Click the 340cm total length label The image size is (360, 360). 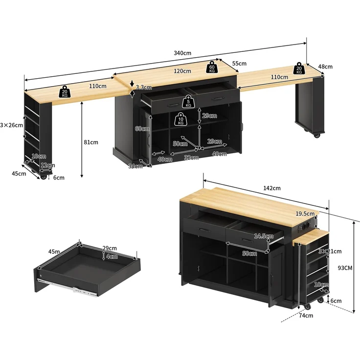click(182, 53)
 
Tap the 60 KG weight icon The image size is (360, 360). click(212, 67)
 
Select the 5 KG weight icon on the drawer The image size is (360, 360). click(188, 102)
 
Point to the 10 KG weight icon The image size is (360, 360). click(180, 119)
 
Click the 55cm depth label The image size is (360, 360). click(239, 64)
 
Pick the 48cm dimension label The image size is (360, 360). click(325, 67)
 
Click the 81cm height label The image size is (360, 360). click(91, 142)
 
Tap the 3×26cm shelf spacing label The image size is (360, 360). click(11, 125)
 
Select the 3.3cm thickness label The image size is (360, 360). click(144, 87)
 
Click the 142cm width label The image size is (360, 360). click(272, 188)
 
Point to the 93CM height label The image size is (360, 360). click(345, 268)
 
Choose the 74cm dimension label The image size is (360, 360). click(306, 315)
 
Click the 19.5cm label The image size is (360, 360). click(305, 214)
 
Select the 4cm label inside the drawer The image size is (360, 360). click(112, 256)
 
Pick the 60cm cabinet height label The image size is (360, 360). click(142, 129)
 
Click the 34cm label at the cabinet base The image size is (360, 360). click(135, 166)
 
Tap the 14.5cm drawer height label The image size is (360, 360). click(264, 236)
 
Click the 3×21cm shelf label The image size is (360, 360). click(330, 251)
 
